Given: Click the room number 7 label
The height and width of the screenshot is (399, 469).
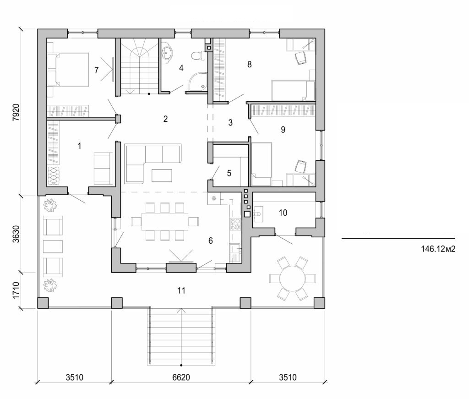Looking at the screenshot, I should [96, 70].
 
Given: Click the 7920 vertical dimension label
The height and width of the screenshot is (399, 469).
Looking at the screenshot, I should [16, 111].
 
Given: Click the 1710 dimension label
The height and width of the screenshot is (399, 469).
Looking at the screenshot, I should [16, 290].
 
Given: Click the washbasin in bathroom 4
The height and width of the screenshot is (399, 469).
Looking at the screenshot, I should [168, 53].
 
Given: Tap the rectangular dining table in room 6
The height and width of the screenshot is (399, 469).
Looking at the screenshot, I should [164, 222].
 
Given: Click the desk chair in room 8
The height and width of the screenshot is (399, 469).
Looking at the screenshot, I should [300, 57].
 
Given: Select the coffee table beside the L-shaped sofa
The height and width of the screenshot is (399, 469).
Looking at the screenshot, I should [163, 175].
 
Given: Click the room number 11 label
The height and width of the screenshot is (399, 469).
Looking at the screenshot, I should [181, 290].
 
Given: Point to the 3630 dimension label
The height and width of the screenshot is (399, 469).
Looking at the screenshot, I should [16, 234].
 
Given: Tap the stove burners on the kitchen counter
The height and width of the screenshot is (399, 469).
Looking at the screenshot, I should [234, 224].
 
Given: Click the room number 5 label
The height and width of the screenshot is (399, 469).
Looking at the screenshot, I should [229, 173].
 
